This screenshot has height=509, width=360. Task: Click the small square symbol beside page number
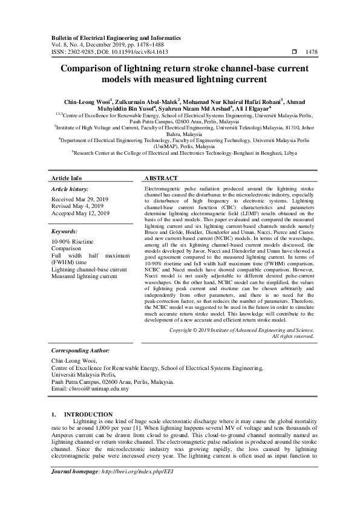coord(294,52)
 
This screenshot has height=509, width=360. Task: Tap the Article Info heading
coord(67,178)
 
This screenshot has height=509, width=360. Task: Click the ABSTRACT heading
coord(161,178)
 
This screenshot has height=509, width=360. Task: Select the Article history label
coord(70,189)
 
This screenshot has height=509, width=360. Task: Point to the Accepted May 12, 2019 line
coord(80,213)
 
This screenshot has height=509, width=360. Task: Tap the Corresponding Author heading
coord(80,350)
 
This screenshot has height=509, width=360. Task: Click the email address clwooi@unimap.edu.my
coord(90,389)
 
